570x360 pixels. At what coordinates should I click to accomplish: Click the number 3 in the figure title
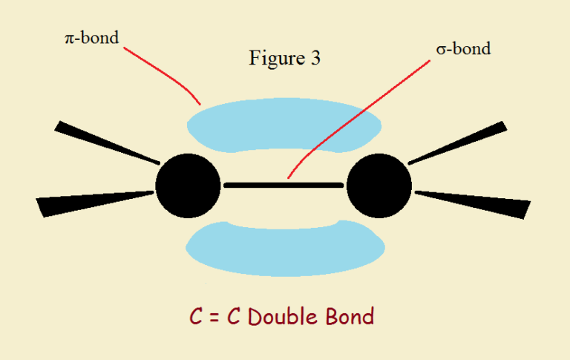(x=315, y=59)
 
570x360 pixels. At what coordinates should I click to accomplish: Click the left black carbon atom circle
(x=188, y=185)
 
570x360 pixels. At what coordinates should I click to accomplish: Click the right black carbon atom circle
(x=379, y=185)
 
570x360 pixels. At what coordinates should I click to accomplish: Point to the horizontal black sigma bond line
(x=283, y=183)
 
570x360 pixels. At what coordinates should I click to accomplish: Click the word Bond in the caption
(x=349, y=317)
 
